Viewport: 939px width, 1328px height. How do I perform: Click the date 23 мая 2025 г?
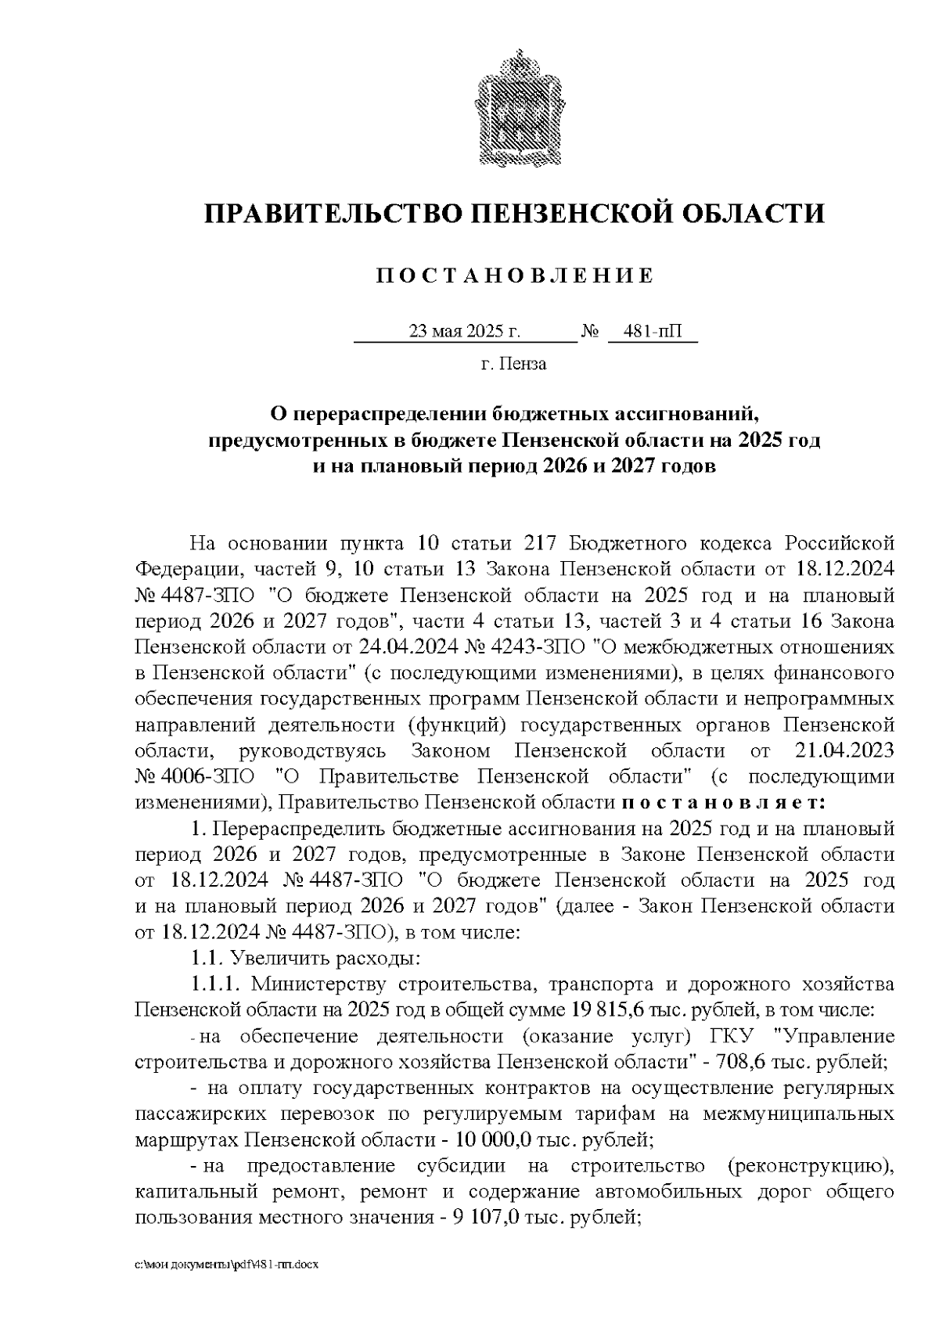point(465,332)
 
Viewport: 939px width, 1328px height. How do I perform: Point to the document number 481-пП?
point(653,332)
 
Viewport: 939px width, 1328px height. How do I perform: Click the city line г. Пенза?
point(513,364)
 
